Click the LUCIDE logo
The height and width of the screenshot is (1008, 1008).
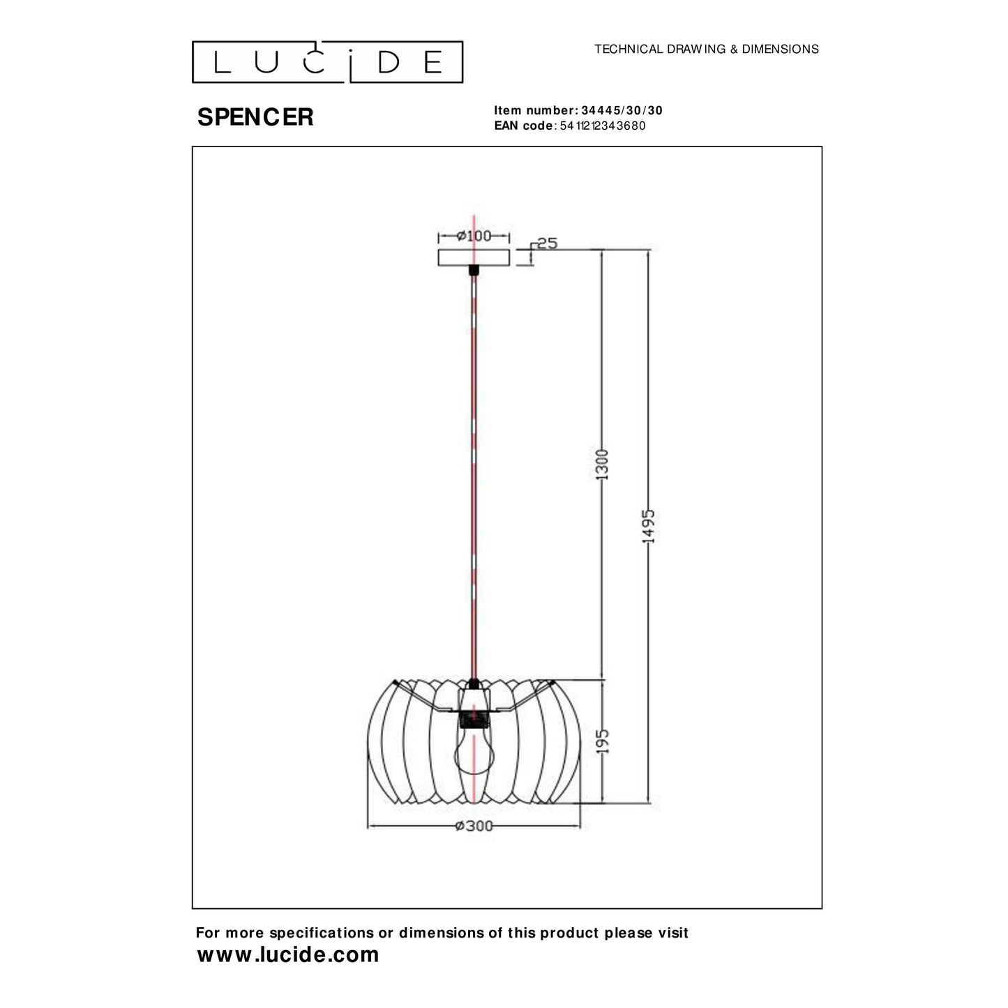click(x=327, y=62)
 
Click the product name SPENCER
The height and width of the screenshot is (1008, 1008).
click(x=255, y=117)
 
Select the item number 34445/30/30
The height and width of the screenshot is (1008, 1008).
click(x=622, y=110)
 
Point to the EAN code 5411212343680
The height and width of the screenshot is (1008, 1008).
click(x=603, y=126)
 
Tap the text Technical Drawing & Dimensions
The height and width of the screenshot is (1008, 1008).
click(x=706, y=49)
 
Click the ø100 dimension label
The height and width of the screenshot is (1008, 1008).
click(x=474, y=236)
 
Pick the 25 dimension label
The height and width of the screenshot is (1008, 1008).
click(x=548, y=243)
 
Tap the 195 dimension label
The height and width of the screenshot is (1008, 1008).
click(x=603, y=741)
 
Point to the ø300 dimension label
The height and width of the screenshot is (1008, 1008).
click(x=474, y=826)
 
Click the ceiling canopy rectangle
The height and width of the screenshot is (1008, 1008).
click(x=474, y=257)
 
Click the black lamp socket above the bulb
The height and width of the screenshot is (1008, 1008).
click(x=474, y=719)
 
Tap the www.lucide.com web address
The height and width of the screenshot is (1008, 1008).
click(x=287, y=954)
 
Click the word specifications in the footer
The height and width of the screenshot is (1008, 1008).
click(x=320, y=933)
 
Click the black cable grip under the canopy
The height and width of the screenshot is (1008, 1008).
click(x=474, y=270)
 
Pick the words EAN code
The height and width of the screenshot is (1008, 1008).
click(x=523, y=126)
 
